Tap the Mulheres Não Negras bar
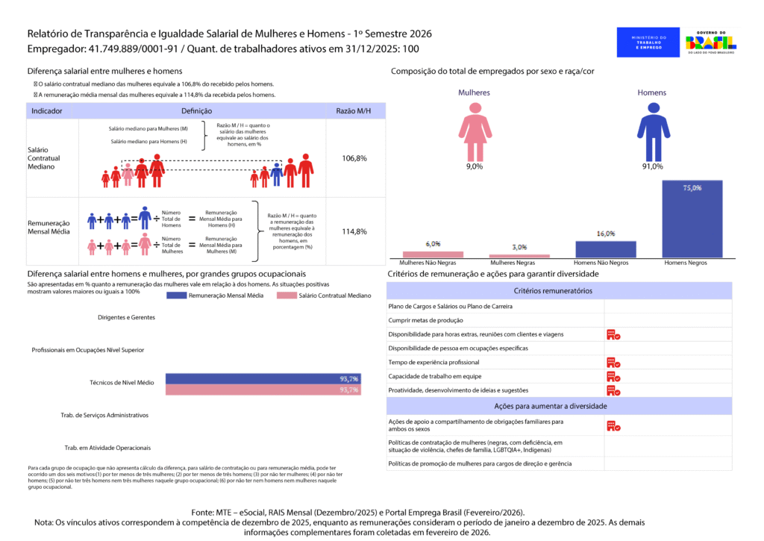433,254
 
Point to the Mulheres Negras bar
519,256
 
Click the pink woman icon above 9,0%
475,131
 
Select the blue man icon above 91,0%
653,131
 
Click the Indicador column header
46,110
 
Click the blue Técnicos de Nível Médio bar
263,378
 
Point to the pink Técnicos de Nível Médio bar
263,390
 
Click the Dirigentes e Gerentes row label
126,317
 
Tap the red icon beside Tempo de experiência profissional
613,363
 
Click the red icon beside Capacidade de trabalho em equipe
613,376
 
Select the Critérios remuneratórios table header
553,290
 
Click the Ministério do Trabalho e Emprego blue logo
648,42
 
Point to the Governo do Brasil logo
715,42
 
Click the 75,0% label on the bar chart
692,188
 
